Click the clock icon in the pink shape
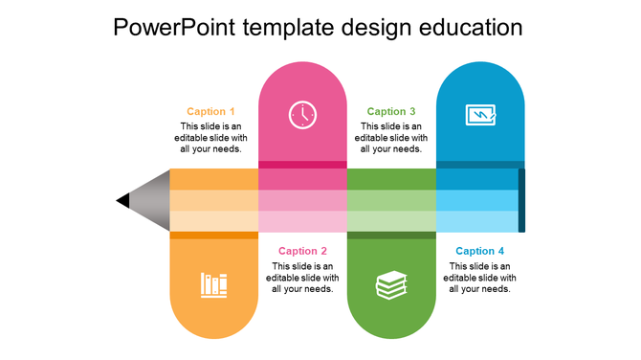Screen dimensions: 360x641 pyautogui.click(x=302, y=115)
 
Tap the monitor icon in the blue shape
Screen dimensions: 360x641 pyautogui.click(x=480, y=115)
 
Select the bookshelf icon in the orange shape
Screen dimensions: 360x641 pyautogui.click(x=214, y=284)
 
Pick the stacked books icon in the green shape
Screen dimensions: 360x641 pyautogui.click(x=391, y=284)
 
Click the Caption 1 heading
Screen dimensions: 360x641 pyautogui.click(x=210, y=112)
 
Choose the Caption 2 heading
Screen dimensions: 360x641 pyautogui.click(x=302, y=251)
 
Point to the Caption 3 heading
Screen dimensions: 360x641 pyautogui.click(x=391, y=112)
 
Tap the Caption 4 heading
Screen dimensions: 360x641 pyautogui.click(x=480, y=251)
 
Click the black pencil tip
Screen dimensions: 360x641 pyautogui.click(x=122, y=200)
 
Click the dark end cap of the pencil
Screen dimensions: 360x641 pyautogui.click(x=521, y=200)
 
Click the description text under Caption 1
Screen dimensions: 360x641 pyautogui.click(x=210, y=137)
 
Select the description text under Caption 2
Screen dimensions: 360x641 pyautogui.click(x=302, y=277)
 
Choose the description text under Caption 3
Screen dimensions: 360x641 pyautogui.click(x=391, y=137)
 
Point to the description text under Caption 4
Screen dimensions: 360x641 pyautogui.click(x=480, y=277)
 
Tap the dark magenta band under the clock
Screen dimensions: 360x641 pyautogui.click(x=302, y=165)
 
